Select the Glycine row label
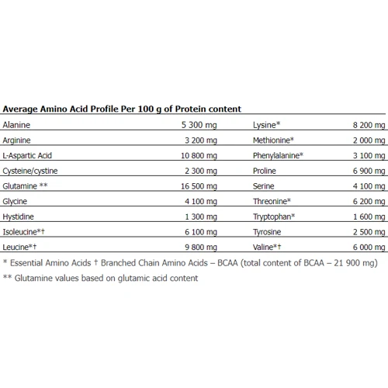coord(15,204)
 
